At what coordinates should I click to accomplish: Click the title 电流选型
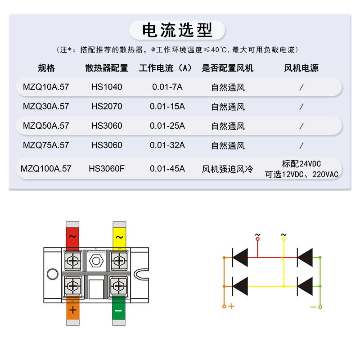(x=177, y=30)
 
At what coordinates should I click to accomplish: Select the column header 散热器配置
(x=107, y=68)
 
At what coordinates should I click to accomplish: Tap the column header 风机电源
(x=301, y=68)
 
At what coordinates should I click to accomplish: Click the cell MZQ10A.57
(x=46, y=87)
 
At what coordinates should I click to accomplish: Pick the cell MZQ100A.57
(x=46, y=169)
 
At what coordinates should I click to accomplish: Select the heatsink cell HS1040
(x=107, y=87)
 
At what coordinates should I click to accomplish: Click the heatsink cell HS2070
(x=107, y=107)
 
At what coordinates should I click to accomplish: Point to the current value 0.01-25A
(x=167, y=126)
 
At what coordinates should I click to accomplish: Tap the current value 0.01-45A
(x=167, y=169)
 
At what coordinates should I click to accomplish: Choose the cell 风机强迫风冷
(x=228, y=169)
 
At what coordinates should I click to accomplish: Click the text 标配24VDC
(x=301, y=163)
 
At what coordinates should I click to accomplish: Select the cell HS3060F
(x=107, y=169)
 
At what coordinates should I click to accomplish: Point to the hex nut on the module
(x=95, y=260)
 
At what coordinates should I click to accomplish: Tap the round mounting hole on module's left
(x=52, y=274)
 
